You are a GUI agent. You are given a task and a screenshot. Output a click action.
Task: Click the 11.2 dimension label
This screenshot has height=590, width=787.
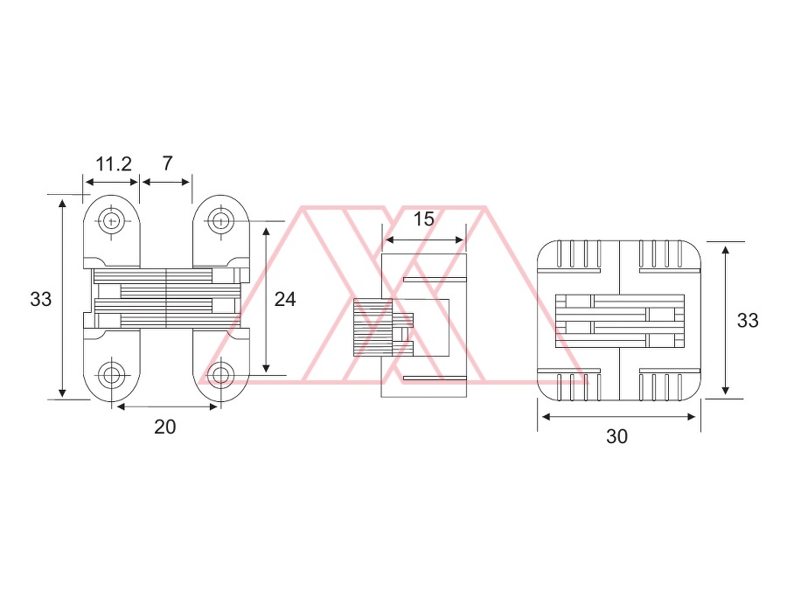click(114, 164)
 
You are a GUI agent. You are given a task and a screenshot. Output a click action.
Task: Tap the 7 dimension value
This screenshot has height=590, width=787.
click(168, 163)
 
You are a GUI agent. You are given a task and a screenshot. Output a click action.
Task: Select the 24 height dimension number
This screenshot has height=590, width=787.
click(285, 300)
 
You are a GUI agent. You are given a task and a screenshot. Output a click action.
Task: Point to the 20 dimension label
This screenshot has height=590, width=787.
click(165, 427)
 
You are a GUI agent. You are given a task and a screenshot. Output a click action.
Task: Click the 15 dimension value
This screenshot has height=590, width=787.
click(423, 219)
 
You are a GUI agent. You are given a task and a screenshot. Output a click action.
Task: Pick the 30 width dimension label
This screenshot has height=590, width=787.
click(616, 436)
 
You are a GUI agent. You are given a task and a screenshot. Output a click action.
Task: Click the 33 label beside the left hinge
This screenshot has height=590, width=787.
click(40, 300)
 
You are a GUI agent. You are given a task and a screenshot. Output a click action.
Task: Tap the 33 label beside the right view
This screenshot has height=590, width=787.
click(748, 321)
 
